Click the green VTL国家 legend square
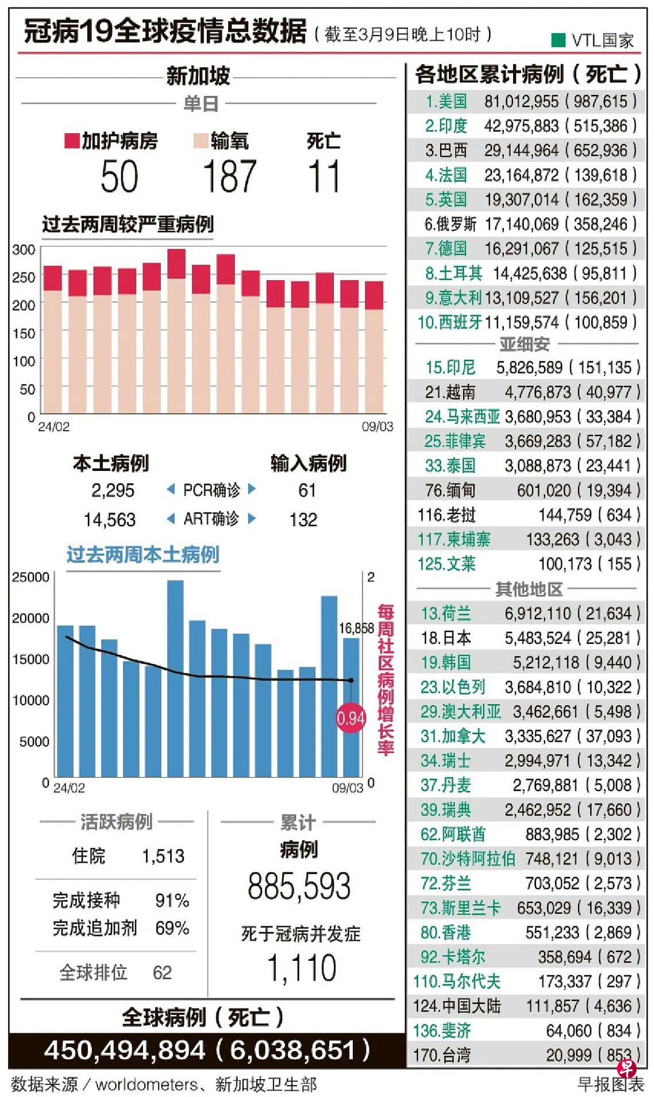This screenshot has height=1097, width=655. [558, 40]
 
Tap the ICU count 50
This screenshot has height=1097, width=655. [120, 176]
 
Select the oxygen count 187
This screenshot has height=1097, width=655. [229, 176]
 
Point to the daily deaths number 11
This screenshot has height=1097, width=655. [324, 176]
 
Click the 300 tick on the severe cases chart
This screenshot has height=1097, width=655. [24, 250]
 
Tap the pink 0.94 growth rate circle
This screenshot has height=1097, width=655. [350, 718]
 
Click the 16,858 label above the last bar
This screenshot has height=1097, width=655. [356, 628]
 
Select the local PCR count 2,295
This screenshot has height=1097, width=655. [113, 490]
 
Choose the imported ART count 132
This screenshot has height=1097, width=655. [303, 520]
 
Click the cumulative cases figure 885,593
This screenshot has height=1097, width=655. [299, 886]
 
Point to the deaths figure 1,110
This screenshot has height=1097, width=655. [302, 968]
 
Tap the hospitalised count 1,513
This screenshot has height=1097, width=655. [163, 856]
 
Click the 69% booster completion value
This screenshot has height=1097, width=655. [172, 928]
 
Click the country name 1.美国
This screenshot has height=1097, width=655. [446, 102]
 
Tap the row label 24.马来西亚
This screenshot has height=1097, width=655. [462, 416]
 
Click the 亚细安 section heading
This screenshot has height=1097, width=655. [525, 344]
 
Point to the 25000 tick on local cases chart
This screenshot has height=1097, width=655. [30, 577]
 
